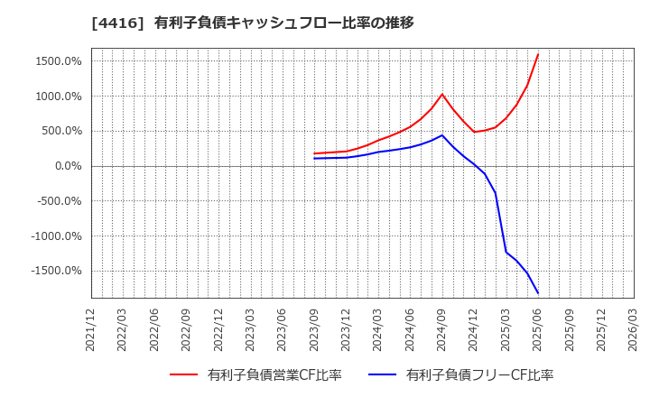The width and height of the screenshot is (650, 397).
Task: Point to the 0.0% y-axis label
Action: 67,166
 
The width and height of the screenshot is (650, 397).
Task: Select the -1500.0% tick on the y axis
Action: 56,271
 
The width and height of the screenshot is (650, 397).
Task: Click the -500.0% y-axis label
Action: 59,201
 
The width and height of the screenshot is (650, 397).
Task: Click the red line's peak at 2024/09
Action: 442,94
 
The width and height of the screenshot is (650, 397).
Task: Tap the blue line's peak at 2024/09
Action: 442,135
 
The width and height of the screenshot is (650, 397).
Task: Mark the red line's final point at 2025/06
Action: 538,54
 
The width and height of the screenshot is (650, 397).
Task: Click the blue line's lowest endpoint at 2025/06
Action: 538,293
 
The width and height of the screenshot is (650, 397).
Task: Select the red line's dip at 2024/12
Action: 474,132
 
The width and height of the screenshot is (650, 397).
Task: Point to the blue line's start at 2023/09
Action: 315,159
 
